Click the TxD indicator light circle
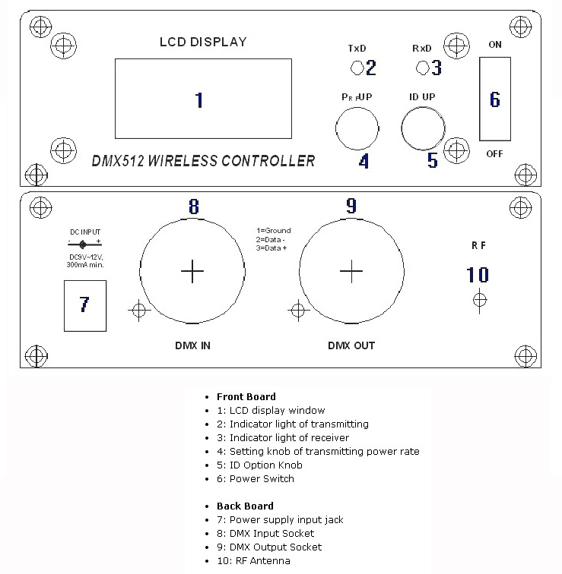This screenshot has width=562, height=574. (357, 68)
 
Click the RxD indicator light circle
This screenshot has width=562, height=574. (422, 68)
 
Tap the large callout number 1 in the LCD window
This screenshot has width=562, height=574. (199, 100)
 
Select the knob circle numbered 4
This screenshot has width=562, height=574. (359, 128)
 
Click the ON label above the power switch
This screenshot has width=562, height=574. (495, 45)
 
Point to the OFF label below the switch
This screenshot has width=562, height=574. (495, 153)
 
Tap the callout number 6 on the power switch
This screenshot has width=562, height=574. (495, 99)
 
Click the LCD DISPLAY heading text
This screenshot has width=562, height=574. (202, 42)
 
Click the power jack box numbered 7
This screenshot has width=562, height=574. (84, 304)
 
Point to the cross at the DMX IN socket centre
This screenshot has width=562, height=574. (192, 270)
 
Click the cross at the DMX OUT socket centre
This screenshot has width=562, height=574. (351, 270)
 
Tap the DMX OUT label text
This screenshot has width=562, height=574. (351, 345)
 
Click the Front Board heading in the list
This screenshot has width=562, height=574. (246, 396)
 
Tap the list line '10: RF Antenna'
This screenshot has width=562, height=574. (252, 560)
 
